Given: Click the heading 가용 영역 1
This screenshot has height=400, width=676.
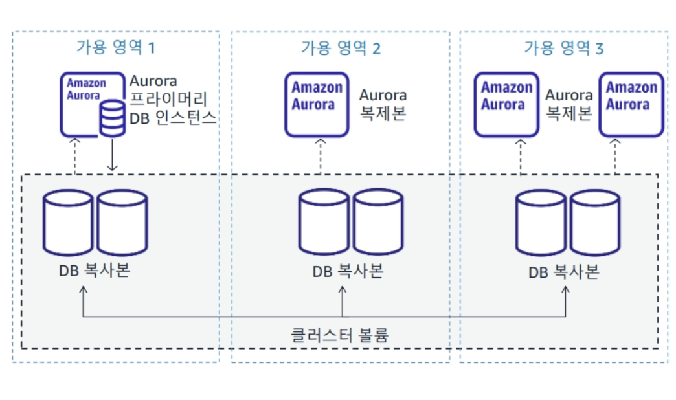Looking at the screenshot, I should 116,47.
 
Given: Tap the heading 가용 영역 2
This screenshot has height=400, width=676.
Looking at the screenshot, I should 341,47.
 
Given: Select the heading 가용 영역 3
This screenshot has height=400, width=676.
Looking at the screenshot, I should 563,47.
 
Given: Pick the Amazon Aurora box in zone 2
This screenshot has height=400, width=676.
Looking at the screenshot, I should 317,104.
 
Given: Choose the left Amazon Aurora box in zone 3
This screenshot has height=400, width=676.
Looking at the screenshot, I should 506,104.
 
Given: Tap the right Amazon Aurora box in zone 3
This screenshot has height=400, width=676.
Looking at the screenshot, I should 631,104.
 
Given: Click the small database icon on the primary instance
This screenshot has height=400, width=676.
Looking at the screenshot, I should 113,118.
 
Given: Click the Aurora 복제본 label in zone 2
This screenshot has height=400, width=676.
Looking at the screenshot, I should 383,104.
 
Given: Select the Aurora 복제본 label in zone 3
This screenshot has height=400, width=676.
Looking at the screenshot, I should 569,104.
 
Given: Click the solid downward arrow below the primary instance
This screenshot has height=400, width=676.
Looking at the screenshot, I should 113,155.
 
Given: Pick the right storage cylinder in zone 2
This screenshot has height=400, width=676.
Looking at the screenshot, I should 378,222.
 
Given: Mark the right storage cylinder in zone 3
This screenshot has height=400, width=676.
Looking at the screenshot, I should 595,222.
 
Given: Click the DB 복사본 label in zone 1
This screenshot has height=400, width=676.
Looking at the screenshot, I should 95,271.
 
